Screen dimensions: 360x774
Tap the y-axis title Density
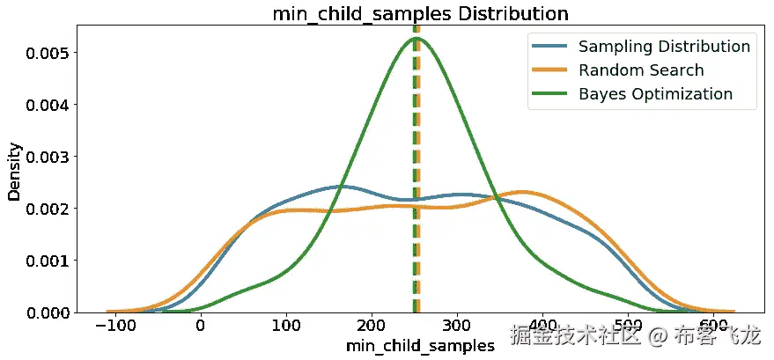coord(15,168)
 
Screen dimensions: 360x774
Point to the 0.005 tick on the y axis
coord(44,53)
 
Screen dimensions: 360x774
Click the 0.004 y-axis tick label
coord(44,105)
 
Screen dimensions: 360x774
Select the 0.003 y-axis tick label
coord(44,157)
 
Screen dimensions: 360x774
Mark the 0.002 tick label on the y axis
coord(44,209)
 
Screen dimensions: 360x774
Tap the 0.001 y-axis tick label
coord(44,261)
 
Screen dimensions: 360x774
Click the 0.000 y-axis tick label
coord(44,312)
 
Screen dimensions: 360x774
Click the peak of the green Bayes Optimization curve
coord(416,38)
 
